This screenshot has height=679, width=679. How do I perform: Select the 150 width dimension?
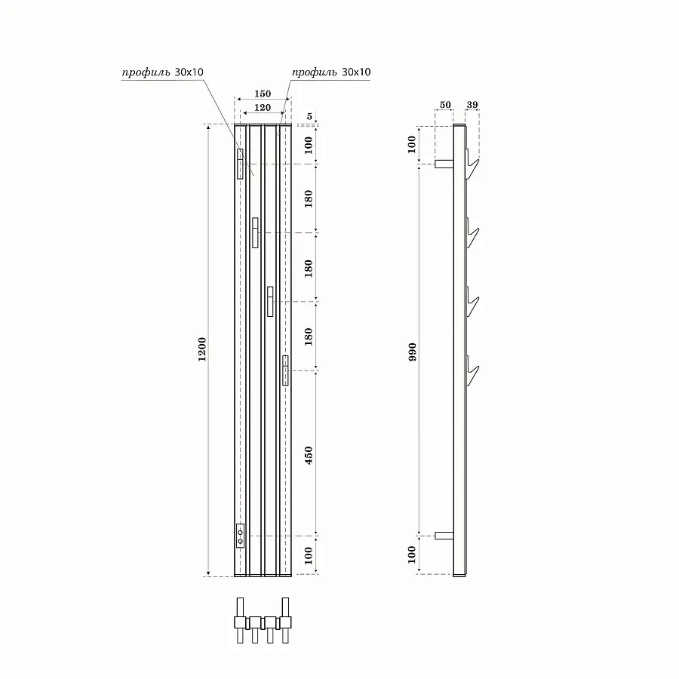[x=262, y=94]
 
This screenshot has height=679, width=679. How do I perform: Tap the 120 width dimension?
[x=262, y=108]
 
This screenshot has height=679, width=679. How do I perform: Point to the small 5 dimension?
[x=310, y=116]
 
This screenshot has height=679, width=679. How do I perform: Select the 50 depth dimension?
[x=444, y=103]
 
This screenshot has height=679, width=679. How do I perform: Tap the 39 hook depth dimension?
[x=472, y=103]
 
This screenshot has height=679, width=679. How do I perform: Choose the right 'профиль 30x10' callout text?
[x=331, y=72]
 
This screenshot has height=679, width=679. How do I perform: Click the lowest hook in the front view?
[x=285, y=370]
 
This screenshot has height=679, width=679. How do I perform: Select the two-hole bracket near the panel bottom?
[x=240, y=535]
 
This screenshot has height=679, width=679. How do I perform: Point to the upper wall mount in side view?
[x=444, y=163]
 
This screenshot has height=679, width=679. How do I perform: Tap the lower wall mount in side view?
[x=444, y=535]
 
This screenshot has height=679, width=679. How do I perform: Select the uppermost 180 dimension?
[x=308, y=198]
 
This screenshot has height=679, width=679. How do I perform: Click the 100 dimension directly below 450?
[x=308, y=556]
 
